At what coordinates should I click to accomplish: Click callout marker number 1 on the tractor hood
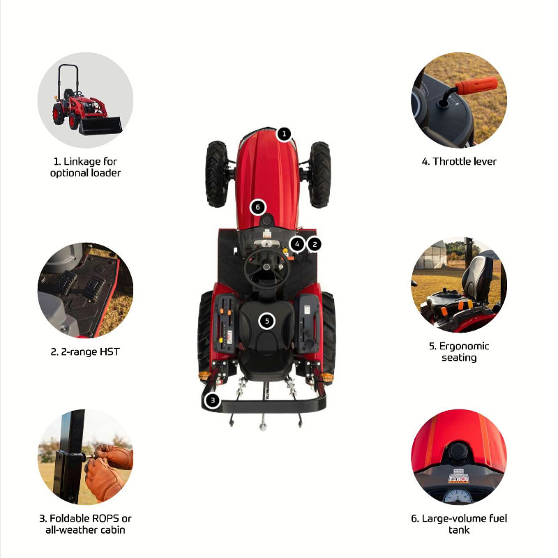click(284, 134)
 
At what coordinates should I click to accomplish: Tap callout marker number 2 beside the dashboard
click(315, 244)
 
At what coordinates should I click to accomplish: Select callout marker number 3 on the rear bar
click(213, 400)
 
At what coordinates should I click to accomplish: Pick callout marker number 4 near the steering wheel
click(297, 244)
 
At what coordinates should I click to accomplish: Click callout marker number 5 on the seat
click(267, 322)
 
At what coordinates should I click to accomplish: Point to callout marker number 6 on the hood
click(257, 207)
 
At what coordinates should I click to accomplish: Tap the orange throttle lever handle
click(476, 86)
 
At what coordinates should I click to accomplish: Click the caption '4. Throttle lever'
click(459, 162)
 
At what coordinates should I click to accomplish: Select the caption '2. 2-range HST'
click(85, 352)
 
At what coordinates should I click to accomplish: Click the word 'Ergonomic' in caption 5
click(464, 346)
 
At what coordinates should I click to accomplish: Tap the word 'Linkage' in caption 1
click(82, 162)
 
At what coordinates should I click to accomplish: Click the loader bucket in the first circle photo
click(100, 126)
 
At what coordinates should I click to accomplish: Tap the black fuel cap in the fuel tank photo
click(459, 452)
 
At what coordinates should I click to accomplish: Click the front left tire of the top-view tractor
click(216, 174)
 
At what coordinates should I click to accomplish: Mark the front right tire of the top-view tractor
click(319, 174)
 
